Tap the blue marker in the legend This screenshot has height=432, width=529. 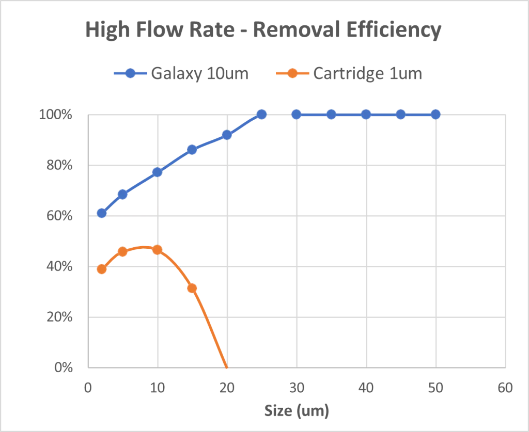(x=130, y=73)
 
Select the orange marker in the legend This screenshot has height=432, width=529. (x=292, y=73)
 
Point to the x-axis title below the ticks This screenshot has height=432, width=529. (x=297, y=410)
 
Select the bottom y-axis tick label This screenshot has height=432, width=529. (x=64, y=367)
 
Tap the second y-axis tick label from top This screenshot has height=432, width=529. (x=60, y=165)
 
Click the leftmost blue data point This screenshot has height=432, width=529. (x=102, y=213)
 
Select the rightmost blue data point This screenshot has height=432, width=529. (x=435, y=114)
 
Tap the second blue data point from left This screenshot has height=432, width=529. (x=122, y=194)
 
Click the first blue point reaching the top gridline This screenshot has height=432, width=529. (x=261, y=114)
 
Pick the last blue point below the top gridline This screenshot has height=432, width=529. (x=227, y=135)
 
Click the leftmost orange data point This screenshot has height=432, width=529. (x=102, y=269)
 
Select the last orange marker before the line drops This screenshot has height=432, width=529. (x=192, y=288)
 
